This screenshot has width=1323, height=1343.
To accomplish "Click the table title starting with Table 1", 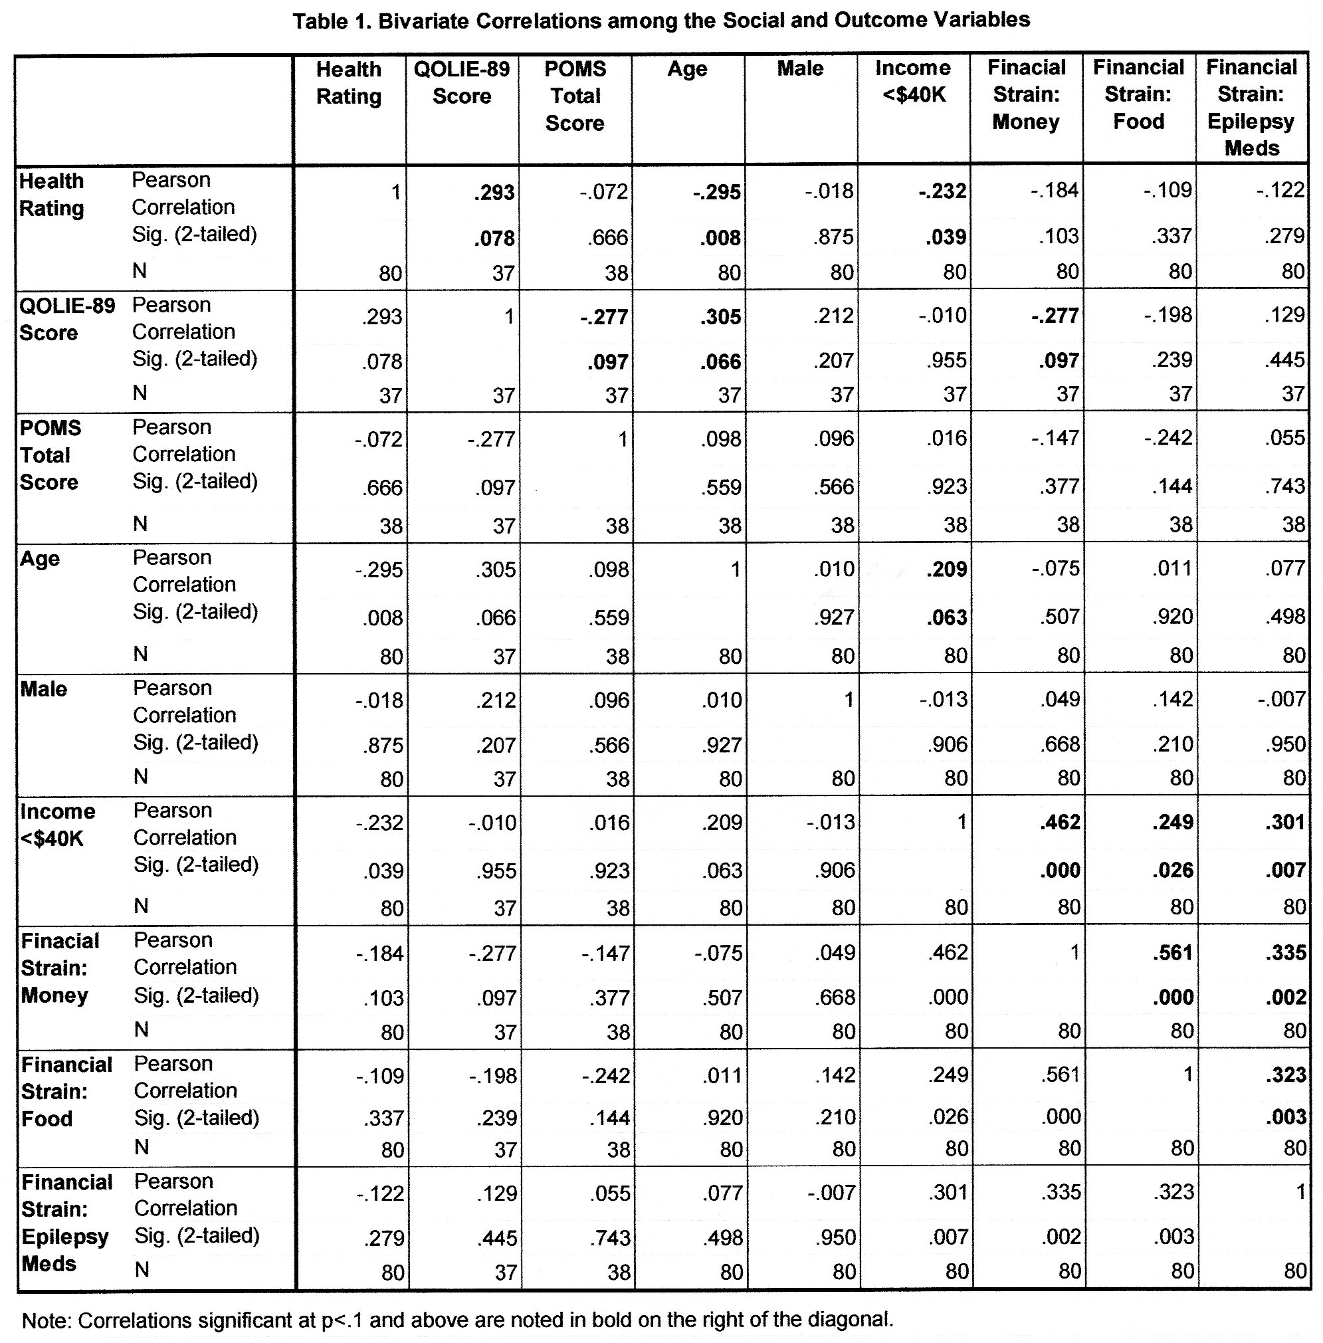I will [661, 21].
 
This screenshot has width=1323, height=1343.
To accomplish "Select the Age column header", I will [687, 70].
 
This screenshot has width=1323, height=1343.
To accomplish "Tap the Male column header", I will [800, 69].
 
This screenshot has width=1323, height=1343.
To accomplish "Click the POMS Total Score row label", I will [49, 455].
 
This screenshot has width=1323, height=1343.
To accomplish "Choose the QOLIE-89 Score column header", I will [462, 82].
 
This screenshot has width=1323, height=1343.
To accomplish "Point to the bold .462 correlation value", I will [1060, 823].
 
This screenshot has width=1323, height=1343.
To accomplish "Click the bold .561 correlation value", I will [1172, 952].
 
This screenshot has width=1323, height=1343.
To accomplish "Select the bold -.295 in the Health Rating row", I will [716, 192].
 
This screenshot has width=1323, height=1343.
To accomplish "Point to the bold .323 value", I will [1286, 1075].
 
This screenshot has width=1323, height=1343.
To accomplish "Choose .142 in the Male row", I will [1172, 700].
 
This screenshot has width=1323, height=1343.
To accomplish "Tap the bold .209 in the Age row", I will [946, 569].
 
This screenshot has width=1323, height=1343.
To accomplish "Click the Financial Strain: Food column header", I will [1139, 94].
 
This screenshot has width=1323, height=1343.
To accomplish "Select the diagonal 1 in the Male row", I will [848, 700].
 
